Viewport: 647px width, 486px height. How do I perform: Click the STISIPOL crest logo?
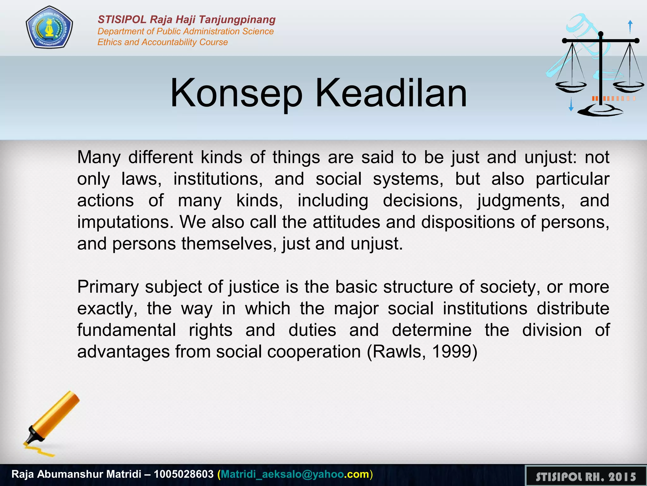click(49, 28)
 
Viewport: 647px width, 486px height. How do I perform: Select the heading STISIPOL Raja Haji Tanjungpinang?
click(186, 20)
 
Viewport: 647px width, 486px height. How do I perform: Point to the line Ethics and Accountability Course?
click(162, 42)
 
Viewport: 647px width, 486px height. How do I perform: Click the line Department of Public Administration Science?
click(185, 31)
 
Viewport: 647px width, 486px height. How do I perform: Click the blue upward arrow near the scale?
click(630, 27)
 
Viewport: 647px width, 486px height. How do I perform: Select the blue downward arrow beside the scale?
click(571, 104)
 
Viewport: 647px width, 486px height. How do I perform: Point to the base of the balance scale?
click(600, 111)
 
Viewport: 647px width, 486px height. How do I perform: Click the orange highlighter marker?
click(52, 418)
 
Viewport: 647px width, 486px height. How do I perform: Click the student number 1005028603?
click(184, 474)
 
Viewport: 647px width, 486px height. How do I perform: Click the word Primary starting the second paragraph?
click(108, 287)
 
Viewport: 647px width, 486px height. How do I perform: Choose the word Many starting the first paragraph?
click(99, 157)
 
